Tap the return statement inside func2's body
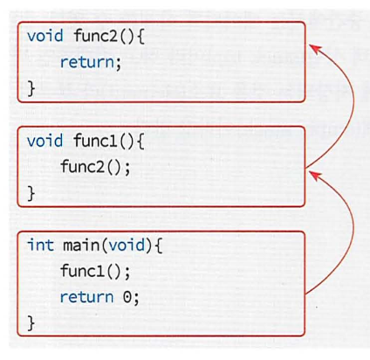tap(89, 62)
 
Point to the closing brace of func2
tap(31, 88)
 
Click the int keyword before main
tap(39, 245)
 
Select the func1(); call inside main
tap(95, 271)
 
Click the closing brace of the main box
tap(31, 323)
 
